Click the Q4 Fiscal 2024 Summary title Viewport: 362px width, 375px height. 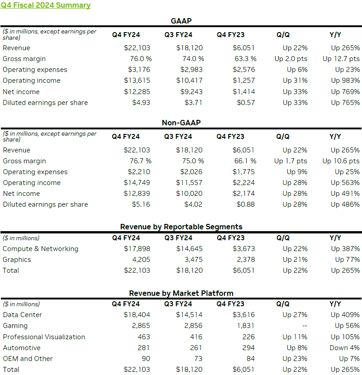46,5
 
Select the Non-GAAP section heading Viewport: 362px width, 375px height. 181,123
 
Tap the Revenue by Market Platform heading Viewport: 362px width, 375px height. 181,293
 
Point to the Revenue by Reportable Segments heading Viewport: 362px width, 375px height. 181,227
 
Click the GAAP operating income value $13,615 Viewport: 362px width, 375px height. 137,81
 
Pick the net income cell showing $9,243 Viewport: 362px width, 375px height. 190,91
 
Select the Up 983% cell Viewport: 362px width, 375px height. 345,81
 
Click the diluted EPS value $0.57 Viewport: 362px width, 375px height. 246,103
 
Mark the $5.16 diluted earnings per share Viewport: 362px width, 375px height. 140,204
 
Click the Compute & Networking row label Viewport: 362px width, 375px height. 40,249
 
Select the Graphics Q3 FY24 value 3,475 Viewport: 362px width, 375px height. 193,260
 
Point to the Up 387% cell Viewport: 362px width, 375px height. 345,249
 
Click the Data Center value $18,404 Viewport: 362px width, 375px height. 137,315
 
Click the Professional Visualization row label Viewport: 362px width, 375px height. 43,337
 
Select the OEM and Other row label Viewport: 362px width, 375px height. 28,359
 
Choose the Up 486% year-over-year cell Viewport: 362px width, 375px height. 345,204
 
